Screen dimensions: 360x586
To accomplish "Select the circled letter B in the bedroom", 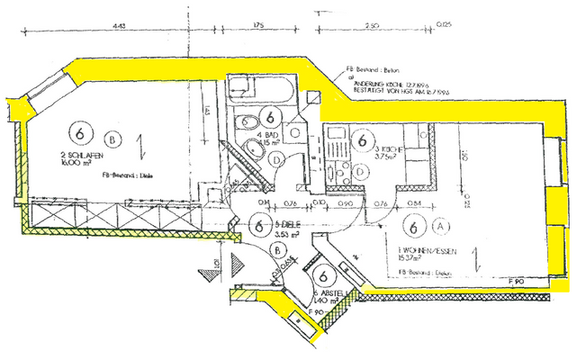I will point(112,139).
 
